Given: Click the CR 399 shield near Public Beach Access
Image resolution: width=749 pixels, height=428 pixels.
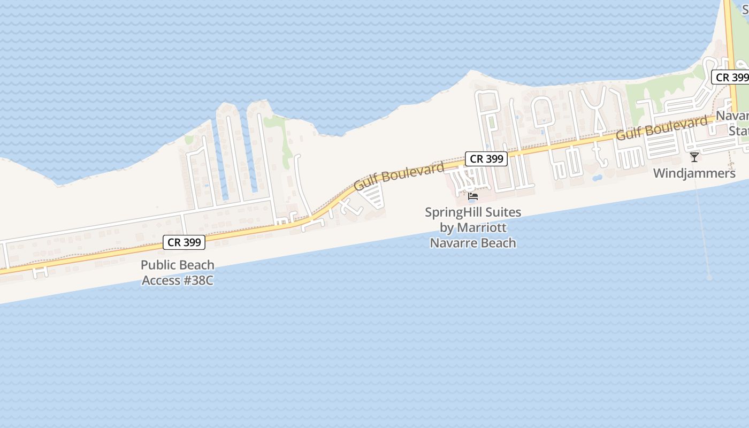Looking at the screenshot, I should coord(184,242).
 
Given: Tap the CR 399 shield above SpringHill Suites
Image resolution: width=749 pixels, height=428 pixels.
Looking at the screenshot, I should coord(486,159).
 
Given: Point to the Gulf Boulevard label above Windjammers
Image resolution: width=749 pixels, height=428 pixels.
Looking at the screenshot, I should coord(661,128).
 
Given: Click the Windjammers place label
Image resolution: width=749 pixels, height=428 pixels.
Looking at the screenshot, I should coord(694,173).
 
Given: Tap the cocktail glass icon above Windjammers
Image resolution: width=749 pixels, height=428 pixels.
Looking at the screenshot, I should coord(694,157).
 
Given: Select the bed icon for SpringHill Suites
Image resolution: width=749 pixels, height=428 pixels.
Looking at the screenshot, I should coord(473,196).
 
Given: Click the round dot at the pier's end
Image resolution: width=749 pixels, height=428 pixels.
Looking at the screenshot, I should coord(709,278).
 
